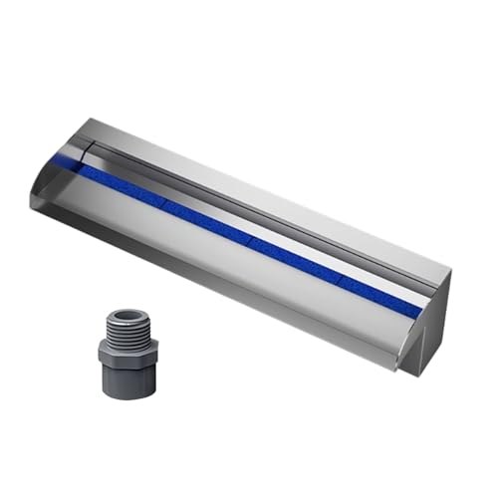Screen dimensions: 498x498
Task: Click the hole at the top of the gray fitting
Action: [126, 316]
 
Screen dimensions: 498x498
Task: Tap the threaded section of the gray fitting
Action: [126, 330]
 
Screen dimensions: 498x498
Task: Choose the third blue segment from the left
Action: [294, 260]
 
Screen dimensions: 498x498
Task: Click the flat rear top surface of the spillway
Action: [279, 194]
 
